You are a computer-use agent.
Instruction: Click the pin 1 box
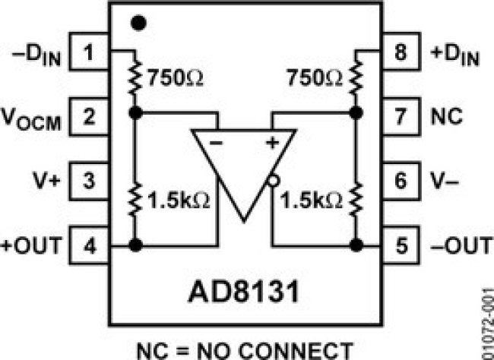coord(89,51)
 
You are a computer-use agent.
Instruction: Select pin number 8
coord(401,51)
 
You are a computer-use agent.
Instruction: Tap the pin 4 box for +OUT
coord(89,245)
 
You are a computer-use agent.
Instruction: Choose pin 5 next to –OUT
coord(401,245)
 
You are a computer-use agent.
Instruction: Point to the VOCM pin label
coord(31,119)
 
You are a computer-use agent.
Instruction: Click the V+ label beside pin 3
coord(46,181)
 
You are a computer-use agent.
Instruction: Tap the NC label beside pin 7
coord(446,116)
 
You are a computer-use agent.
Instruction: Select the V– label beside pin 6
coord(445,181)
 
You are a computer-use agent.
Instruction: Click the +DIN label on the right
coord(455,55)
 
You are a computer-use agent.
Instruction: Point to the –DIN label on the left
coord(36,55)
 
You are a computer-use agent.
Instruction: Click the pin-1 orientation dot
coord(138,23)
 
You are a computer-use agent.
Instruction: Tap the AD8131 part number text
coord(243,292)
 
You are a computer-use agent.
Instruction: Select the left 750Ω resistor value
coord(176,77)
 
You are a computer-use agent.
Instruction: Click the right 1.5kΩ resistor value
coord(311,201)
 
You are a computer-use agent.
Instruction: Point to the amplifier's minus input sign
coord(216,143)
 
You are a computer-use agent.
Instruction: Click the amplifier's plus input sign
coord(272,143)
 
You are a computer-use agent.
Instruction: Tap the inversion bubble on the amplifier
coord(273,181)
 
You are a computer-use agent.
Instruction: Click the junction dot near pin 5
coord(356,245)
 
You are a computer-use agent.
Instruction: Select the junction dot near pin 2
coord(136,112)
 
